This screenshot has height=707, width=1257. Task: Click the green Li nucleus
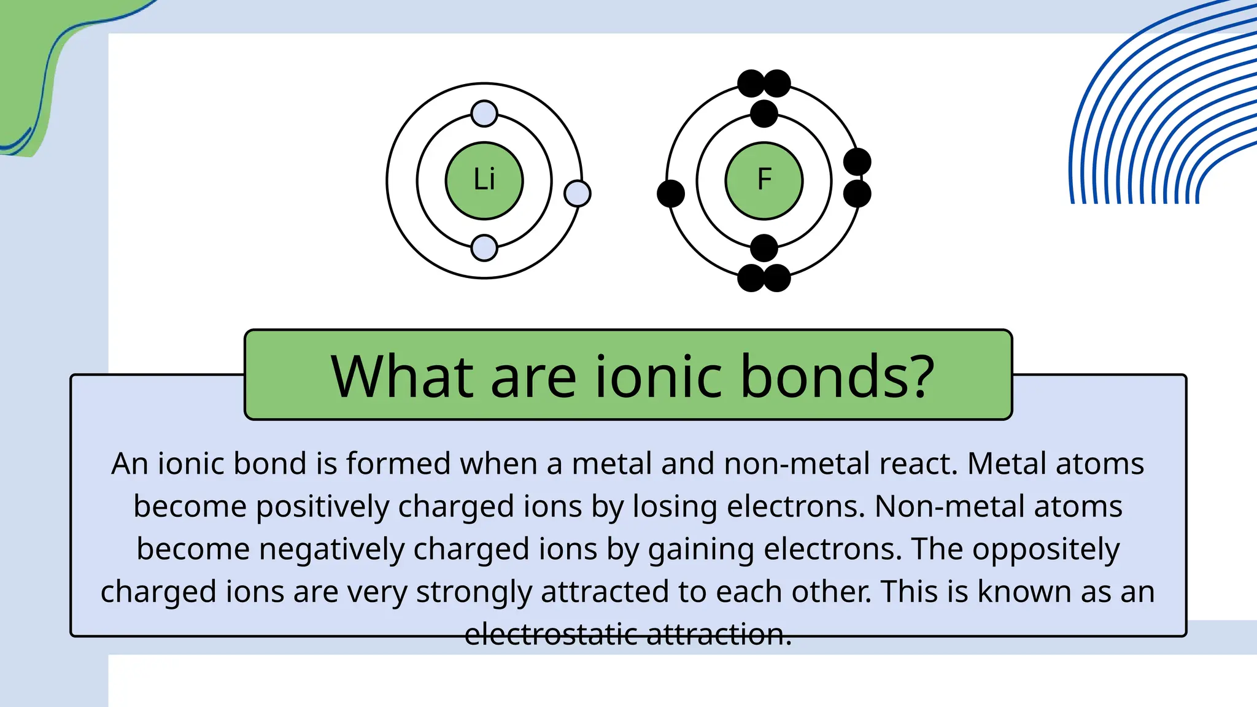click(484, 180)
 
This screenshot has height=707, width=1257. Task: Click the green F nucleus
click(764, 180)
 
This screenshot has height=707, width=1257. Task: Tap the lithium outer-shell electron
click(577, 193)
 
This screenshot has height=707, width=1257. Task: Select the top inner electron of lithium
click(484, 114)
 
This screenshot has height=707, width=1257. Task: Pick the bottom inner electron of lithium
click(484, 248)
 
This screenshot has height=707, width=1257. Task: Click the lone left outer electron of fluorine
click(671, 193)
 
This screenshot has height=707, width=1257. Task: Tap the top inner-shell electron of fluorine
click(764, 114)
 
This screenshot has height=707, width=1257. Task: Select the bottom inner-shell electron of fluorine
click(764, 248)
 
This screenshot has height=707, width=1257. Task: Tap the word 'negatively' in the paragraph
click(331, 549)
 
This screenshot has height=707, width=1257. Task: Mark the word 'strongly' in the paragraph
click(473, 592)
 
